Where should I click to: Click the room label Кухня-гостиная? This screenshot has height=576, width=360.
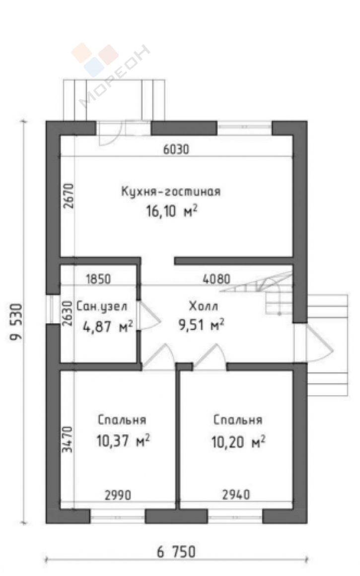[170, 192]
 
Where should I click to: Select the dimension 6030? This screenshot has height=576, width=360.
[176, 149]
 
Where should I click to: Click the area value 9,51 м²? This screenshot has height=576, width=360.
[201, 325]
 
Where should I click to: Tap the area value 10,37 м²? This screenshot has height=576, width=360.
[123, 440]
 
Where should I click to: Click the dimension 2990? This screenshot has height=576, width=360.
[118, 494]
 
